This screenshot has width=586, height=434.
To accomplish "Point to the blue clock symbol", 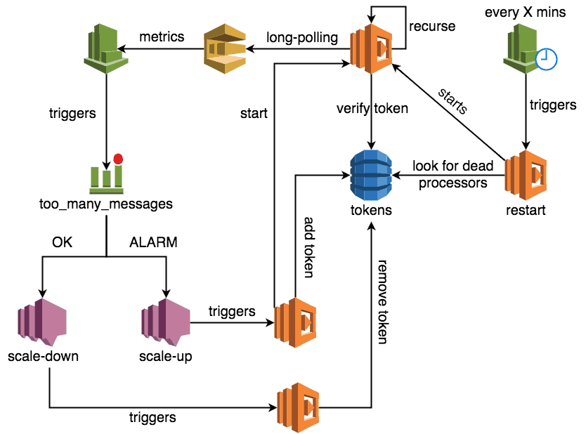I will point(546,60).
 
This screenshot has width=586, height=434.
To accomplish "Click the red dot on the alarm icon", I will point(118,159).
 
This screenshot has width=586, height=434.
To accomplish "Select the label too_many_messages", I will point(105,204).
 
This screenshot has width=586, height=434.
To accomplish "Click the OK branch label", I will point(63,243).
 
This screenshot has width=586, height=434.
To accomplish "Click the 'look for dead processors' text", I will point(453,174).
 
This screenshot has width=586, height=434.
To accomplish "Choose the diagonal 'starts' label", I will point(453,102).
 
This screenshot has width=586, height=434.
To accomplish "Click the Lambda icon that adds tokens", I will point(294,323).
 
